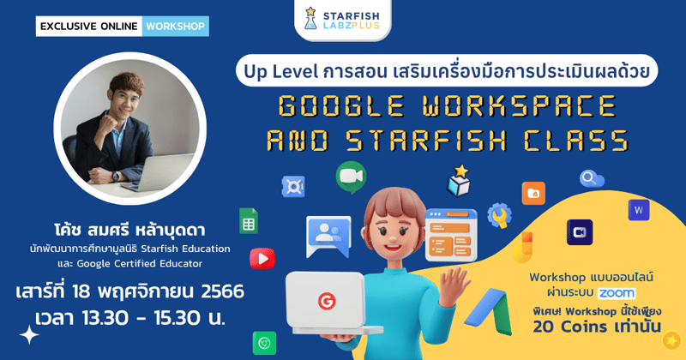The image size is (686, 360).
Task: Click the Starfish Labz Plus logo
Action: [343, 20]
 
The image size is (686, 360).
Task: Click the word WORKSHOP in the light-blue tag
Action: [175, 27]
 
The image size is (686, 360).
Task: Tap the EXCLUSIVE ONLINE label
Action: [88, 27]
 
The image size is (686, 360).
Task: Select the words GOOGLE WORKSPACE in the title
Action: [447, 105]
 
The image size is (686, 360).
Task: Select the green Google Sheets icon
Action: [249, 220]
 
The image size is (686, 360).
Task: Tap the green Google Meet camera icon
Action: [350, 177]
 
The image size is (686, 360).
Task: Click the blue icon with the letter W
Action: [639, 210]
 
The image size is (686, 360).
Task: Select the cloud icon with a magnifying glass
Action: [592, 179]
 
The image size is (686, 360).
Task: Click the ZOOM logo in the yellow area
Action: [617, 292]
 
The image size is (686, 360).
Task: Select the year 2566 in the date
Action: [214, 291]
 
